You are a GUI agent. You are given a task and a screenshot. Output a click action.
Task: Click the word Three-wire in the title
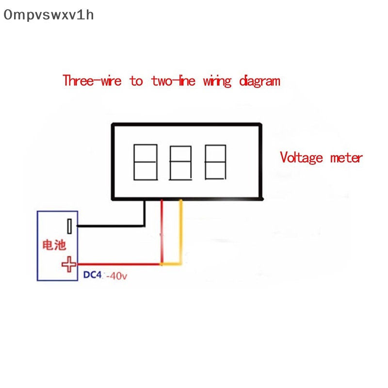coord(92,81)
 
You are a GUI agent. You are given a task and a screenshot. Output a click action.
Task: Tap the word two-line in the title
coord(173,81)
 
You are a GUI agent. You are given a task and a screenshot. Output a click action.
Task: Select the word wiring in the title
coord(217,81)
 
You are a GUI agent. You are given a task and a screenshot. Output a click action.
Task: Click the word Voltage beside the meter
coord(301,158)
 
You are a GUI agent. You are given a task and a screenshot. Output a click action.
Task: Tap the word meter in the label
coord(346,158)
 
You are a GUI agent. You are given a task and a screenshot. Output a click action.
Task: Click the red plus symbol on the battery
coord(69,264)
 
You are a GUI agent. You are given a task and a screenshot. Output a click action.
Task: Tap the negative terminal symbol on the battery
coord(70,226)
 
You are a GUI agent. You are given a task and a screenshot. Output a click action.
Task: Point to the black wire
coord(112,226)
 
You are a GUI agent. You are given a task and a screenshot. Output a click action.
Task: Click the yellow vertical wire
coord(181,233)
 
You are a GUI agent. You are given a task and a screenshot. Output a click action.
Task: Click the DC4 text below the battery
coord(93,275)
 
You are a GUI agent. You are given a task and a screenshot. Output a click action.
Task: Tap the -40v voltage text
coord(117,275)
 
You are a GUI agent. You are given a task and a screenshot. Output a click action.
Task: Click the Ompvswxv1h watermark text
coord(48,15)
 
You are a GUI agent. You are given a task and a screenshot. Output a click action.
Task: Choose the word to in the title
coord(136,81)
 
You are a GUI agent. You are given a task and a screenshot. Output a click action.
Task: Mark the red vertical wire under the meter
coord(162,233)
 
